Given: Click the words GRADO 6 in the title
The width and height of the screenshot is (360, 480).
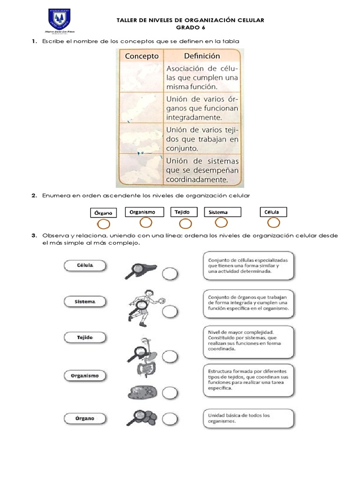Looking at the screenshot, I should click(190, 28).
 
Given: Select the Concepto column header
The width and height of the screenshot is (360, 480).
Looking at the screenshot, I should click(142, 56).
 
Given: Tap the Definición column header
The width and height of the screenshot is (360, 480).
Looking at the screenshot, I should click(202, 56).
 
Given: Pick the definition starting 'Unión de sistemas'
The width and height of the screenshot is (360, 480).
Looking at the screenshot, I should click(202, 170).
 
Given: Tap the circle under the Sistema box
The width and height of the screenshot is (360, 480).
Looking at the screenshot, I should click(221, 223).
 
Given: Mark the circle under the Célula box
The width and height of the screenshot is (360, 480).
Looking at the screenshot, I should click(273, 223).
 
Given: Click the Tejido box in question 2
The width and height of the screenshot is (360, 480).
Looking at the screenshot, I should click(183, 212).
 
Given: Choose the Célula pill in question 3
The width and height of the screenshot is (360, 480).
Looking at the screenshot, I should click(85, 266).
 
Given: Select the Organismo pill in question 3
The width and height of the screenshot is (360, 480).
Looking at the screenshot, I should click(85, 375).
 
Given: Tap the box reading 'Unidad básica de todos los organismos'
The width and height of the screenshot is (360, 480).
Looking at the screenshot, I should click(249, 418).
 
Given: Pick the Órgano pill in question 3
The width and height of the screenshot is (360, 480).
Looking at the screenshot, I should click(85, 418).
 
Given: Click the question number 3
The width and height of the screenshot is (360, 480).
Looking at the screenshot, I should click(34, 235).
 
